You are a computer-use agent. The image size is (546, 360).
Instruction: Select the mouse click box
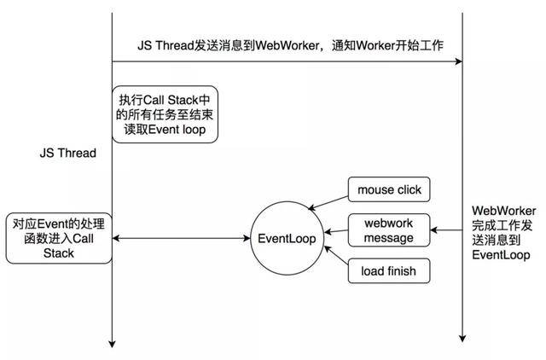[x=389, y=189]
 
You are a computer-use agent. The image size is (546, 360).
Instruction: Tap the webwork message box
[x=389, y=230]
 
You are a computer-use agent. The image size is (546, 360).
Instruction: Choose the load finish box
[x=389, y=270]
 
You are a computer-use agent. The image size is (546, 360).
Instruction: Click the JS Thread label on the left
[x=68, y=153]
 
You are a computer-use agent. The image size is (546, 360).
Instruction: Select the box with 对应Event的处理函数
[x=59, y=238]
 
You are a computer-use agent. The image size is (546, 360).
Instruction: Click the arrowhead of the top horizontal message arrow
[x=459, y=61]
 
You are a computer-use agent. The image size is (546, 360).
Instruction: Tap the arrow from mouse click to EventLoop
[x=328, y=203]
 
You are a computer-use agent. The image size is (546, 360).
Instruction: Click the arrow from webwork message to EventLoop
[x=336, y=231]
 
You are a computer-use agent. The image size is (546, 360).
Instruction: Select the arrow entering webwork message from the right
[x=446, y=230]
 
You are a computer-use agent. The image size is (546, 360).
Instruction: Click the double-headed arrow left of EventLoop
[x=181, y=239]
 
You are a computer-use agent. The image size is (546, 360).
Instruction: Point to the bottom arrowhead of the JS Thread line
[x=112, y=344]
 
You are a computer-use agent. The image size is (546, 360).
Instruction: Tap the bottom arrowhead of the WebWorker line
[x=462, y=338]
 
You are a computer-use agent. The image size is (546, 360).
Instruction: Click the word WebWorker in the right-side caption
[x=504, y=211]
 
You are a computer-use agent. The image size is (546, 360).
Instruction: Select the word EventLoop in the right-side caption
[x=501, y=255]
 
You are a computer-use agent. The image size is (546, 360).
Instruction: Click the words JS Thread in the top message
[x=166, y=45]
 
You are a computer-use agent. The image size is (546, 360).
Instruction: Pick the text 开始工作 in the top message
[x=420, y=45]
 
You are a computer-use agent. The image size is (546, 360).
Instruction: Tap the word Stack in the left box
[x=59, y=253]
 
